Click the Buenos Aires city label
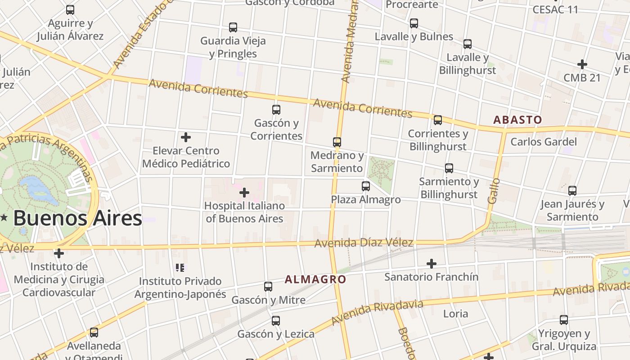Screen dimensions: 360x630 coord(77,218)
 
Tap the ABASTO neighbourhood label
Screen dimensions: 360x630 coord(517,120)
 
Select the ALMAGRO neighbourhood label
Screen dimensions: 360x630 coord(315,279)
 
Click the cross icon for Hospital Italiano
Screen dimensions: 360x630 coord(244,193)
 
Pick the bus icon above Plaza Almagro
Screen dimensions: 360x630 coord(366,186)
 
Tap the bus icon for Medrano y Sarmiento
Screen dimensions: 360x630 coord(337,142)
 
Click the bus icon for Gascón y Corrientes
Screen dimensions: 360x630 coord(276,109)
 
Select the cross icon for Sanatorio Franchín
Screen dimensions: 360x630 coord(432,263)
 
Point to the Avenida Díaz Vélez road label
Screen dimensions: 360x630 coord(364,243)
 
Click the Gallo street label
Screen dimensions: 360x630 coord(494,191)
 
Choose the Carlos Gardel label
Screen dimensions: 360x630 coord(543,142)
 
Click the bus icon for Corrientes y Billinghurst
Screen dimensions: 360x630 coord(438,120)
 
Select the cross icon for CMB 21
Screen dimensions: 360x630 coord(582,64)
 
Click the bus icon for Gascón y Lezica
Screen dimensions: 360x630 coord(276,321)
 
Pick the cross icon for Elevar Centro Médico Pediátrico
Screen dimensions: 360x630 coord(186,137)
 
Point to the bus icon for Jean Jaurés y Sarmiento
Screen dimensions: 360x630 coord(572,191)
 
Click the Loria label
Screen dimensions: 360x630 coord(455,314)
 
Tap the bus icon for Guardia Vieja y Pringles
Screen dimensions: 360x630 coord(233,27)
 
